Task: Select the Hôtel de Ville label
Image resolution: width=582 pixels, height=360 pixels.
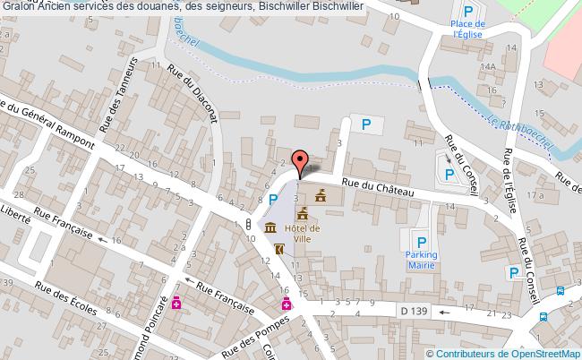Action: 303,234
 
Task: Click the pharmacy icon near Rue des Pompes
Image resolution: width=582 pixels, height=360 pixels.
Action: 287,304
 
